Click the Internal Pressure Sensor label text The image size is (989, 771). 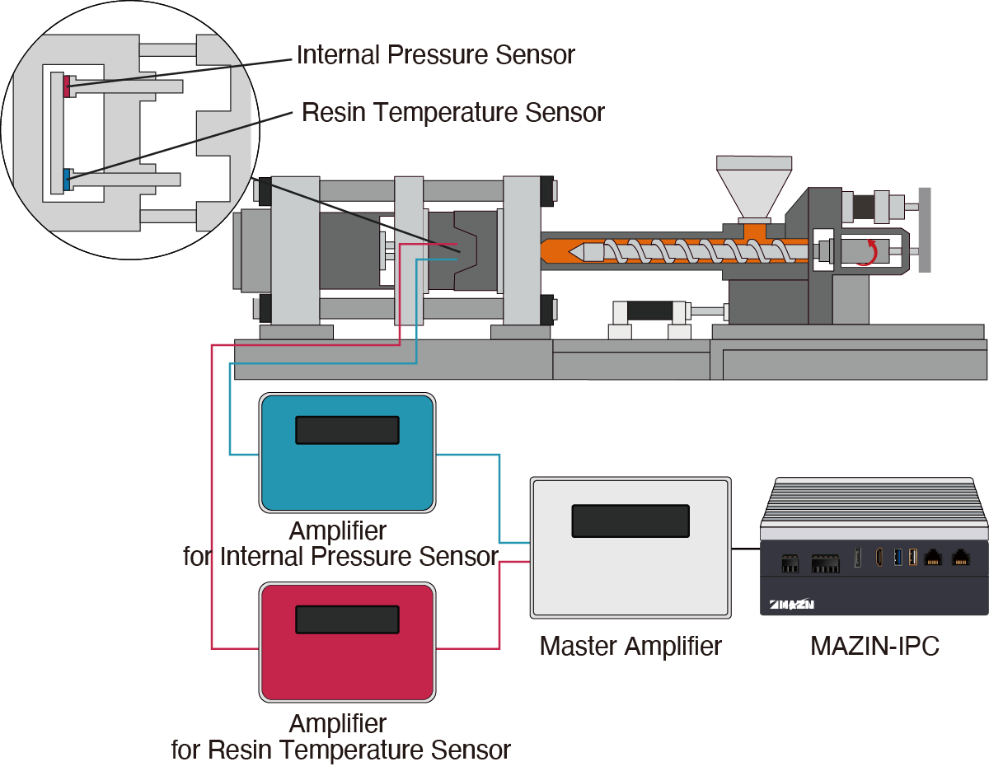435,55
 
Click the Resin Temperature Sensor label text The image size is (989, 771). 452,112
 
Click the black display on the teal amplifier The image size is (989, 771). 347,430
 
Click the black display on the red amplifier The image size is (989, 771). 347,619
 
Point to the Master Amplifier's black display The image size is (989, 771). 630,521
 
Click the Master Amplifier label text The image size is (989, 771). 630,646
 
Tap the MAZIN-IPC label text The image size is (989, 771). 874,646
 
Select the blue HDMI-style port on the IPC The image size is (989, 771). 898,557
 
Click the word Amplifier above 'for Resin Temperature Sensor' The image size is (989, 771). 337,724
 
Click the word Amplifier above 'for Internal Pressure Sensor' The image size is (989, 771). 337,530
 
